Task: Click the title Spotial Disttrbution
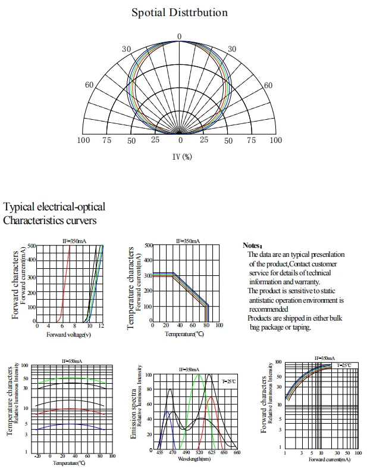179,12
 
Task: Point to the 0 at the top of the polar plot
180,37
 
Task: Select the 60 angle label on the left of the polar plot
89,85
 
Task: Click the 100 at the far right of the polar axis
276,140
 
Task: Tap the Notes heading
252,246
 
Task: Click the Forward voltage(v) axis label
68,335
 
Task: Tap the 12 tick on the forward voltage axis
102,326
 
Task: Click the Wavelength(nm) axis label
195,459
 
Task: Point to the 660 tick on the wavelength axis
236,454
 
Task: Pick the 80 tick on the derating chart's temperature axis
206,326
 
